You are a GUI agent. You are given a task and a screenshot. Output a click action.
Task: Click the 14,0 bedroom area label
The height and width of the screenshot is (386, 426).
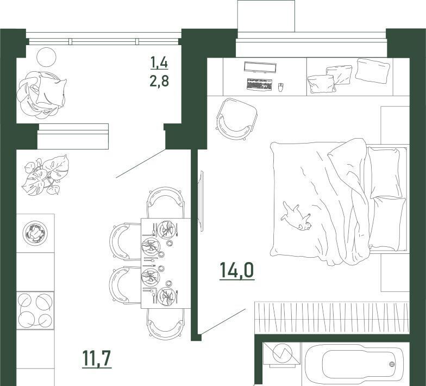(237, 270)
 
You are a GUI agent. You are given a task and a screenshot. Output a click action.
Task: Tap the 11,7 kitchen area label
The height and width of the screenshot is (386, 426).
(97, 359)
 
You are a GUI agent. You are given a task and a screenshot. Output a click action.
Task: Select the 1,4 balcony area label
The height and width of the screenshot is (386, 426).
(159, 63)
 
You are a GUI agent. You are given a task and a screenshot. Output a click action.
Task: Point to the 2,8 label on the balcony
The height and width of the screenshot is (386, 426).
(159, 80)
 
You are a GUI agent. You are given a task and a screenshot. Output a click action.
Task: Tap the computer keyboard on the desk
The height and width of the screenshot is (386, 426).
(260, 85)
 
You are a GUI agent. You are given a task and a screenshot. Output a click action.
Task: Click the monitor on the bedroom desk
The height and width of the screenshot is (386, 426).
(260, 67)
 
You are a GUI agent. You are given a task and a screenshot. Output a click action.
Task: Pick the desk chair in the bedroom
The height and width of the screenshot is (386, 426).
(236, 119)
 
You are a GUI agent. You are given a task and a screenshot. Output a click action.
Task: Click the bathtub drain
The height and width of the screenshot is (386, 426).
(392, 364)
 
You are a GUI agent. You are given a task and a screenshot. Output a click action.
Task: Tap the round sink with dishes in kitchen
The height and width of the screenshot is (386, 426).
(35, 233)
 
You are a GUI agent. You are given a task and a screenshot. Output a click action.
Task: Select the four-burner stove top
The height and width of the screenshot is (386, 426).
(35, 310)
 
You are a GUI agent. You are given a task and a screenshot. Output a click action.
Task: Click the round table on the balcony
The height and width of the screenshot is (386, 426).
(46, 57)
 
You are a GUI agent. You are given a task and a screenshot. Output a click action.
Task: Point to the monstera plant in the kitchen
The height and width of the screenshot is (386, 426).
(46, 175)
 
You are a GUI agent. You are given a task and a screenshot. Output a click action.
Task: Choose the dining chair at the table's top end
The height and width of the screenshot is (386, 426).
(165, 202)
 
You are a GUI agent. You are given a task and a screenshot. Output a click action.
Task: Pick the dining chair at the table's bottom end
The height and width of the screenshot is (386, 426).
(165, 324)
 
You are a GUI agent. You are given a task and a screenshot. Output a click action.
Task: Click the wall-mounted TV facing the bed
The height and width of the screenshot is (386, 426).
(201, 201)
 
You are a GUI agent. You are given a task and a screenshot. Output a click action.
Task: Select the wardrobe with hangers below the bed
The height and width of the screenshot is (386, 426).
(331, 318)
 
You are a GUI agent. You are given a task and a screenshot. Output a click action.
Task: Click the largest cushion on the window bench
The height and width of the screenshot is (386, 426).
(373, 71)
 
